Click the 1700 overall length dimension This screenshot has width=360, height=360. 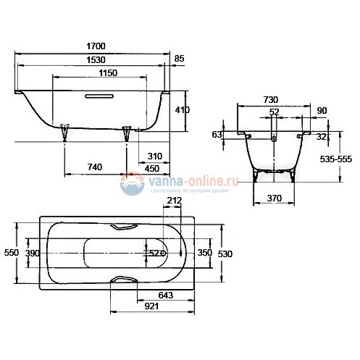pos(94,46)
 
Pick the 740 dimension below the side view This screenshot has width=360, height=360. pos(94,167)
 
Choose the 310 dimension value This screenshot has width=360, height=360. pos(154,156)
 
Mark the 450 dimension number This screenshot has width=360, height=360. pos(152,168)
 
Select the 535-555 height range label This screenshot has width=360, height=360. pos(335,160)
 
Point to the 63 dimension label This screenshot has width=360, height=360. pos(216,134)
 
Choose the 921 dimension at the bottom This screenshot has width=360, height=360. pos(152,306)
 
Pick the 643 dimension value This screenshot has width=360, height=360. pos(167,294)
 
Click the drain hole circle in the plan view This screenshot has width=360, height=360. pos(164,254)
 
